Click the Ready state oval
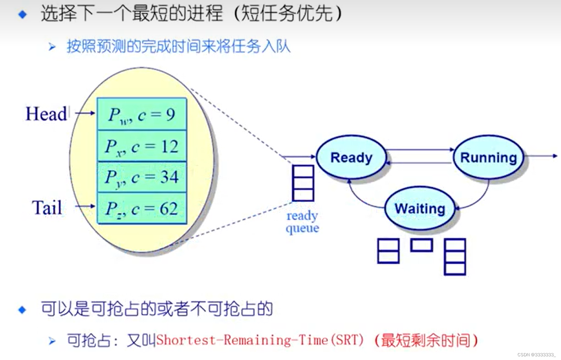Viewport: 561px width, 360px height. tap(351, 157)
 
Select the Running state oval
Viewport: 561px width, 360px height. tap(488, 157)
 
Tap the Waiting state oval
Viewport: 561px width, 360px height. tap(420, 208)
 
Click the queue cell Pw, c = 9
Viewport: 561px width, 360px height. tap(142, 114)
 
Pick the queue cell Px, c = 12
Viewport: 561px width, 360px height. tap(142, 146)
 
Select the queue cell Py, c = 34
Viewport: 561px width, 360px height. tap(142, 177)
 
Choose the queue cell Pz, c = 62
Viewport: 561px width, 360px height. tap(142, 209)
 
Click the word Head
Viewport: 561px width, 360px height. tap(46, 114)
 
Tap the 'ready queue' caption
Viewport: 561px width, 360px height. tap(302, 222)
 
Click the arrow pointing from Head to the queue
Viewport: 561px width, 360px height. tap(85, 113)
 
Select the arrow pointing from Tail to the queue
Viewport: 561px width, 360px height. tap(85, 206)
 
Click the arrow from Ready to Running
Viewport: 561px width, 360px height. tap(419, 149)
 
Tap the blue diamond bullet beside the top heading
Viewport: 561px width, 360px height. tap(23, 14)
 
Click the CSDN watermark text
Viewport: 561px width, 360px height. tap(536, 355)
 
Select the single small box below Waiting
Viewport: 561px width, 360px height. tap(421, 245)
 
